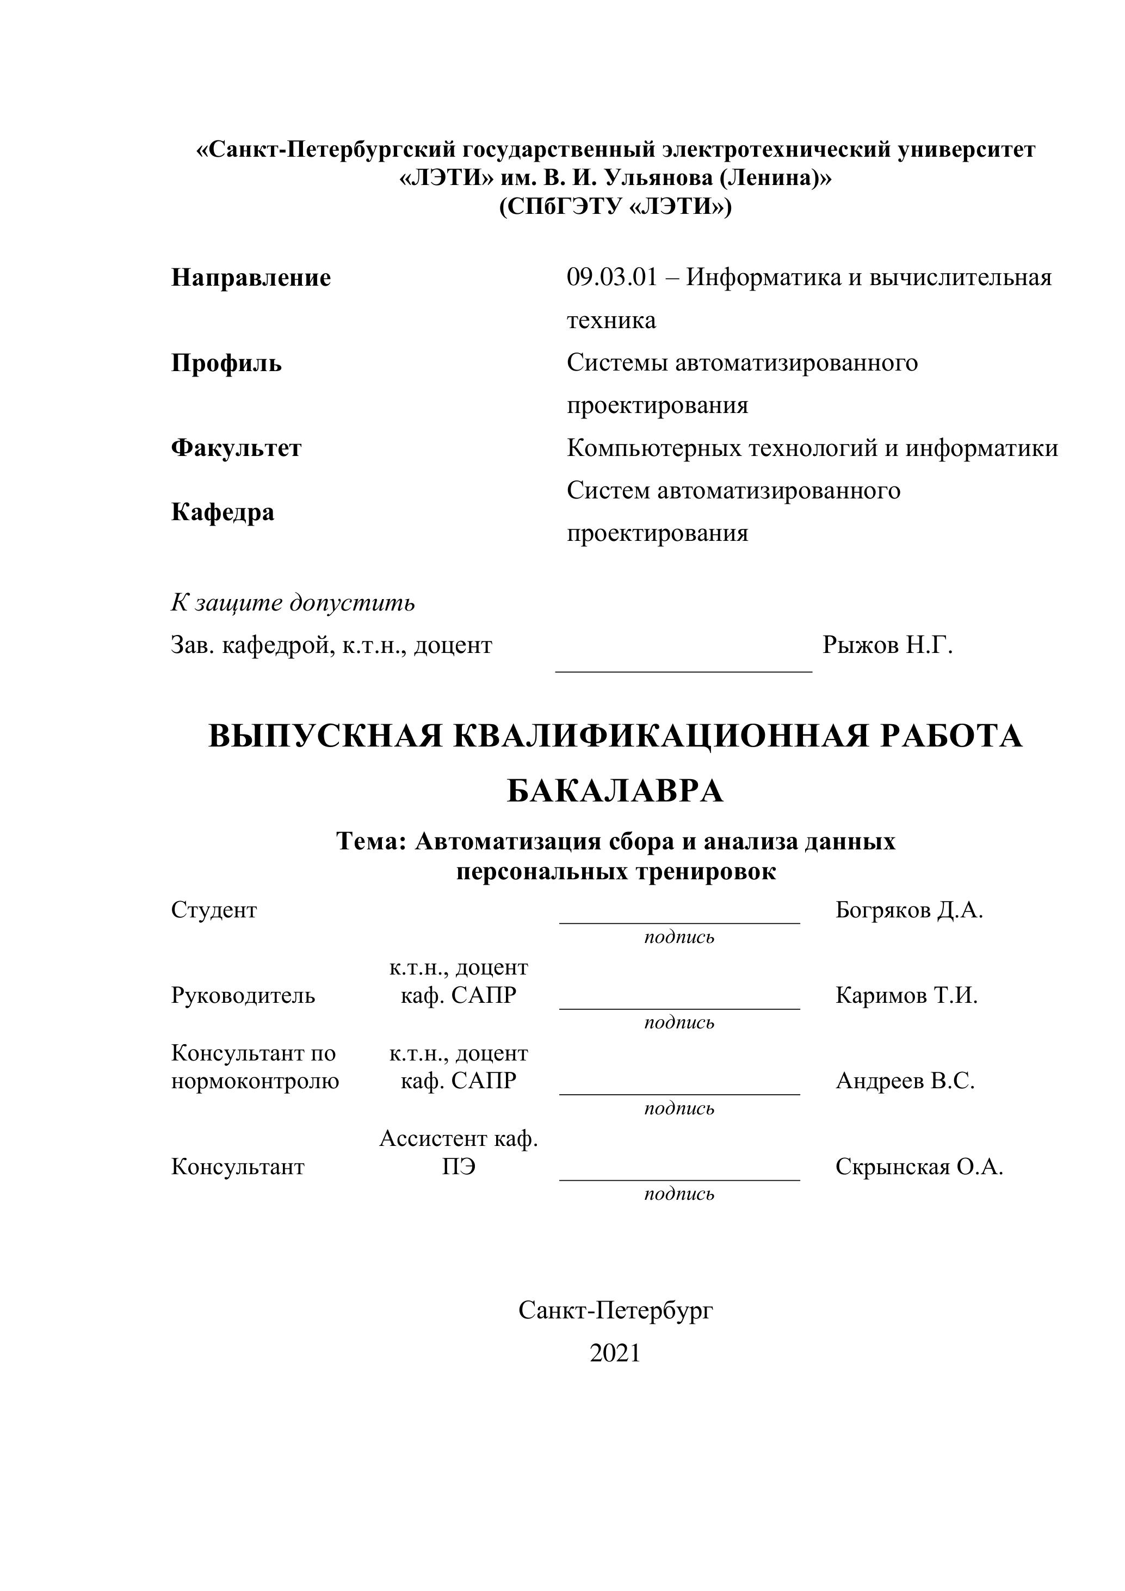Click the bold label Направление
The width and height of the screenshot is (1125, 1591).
pyautogui.click(x=251, y=278)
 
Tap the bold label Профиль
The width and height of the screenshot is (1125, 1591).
pyautogui.click(x=226, y=363)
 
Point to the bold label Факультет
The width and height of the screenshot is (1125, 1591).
pyautogui.click(x=236, y=448)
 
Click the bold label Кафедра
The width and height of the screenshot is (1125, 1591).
pyautogui.click(x=222, y=512)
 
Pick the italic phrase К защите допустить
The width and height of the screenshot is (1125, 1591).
pyautogui.click(x=293, y=603)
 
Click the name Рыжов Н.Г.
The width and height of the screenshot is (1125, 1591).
pyautogui.click(x=887, y=645)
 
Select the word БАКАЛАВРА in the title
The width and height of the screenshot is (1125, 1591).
pyautogui.click(x=615, y=791)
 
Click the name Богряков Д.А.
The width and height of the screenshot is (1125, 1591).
pyautogui.click(x=909, y=910)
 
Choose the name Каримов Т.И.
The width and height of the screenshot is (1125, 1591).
pyautogui.click(x=906, y=996)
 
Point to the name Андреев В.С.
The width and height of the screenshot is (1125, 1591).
pyautogui.click(x=905, y=1081)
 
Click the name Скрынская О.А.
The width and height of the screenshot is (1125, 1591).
pyautogui.click(x=919, y=1167)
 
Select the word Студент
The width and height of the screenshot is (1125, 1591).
pyautogui.click(x=213, y=910)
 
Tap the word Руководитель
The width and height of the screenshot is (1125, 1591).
pyautogui.click(x=243, y=996)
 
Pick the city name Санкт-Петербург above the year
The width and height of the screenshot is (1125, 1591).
pyautogui.click(x=615, y=1310)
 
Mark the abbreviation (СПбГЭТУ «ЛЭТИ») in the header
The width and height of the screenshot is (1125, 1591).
pyautogui.click(x=615, y=207)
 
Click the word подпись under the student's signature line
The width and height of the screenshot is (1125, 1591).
pyautogui.click(x=679, y=938)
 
